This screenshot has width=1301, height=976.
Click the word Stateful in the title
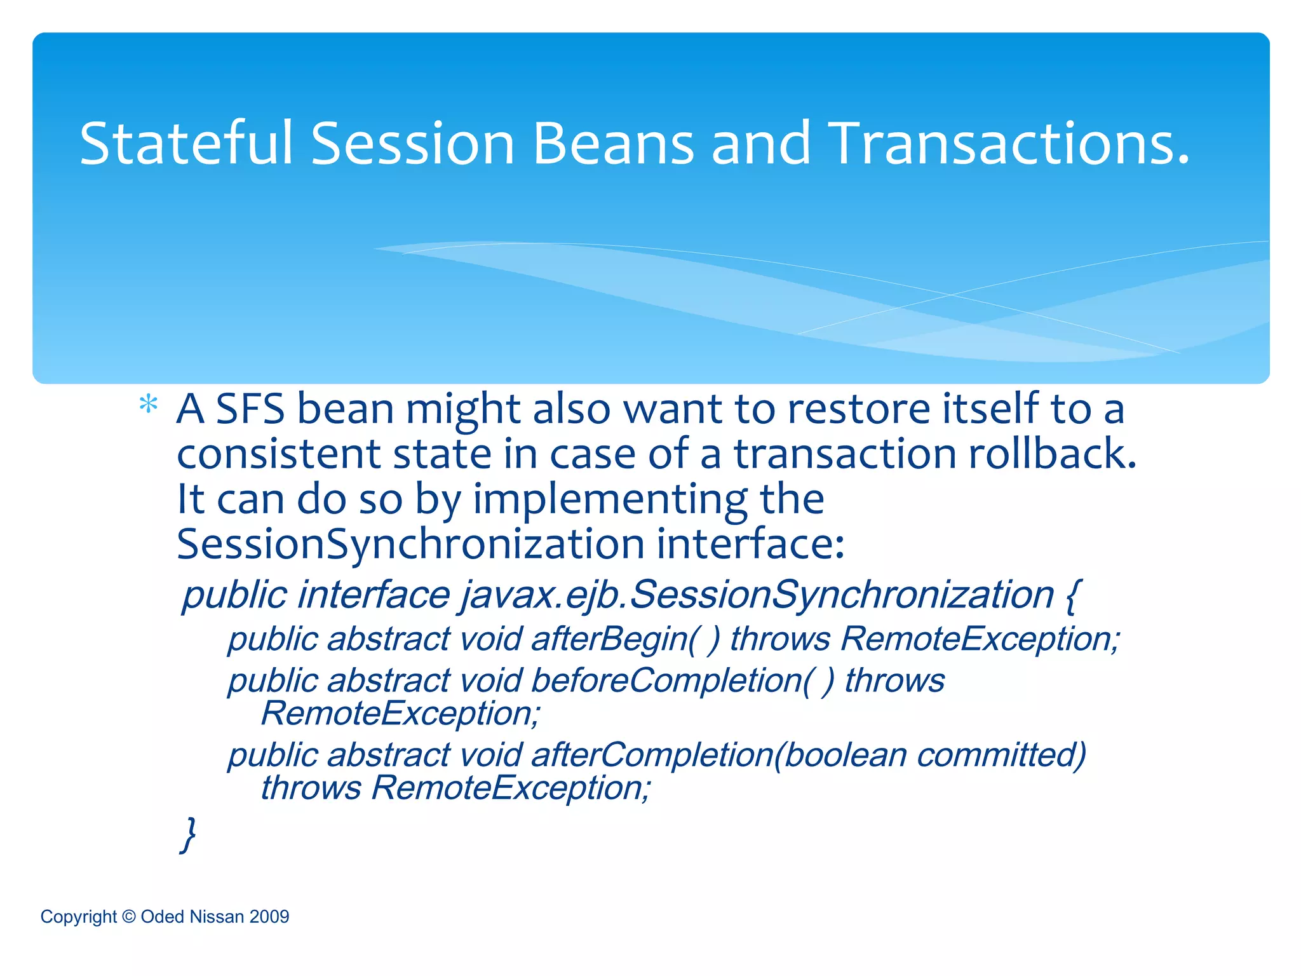click(x=186, y=144)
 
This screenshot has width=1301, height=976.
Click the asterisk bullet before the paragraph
click(x=148, y=405)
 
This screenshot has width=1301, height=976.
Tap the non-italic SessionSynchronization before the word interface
click(x=410, y=545)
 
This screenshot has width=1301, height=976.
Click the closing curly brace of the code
click(x=188, y=834)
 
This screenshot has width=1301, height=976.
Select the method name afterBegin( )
click(x=626, y=639)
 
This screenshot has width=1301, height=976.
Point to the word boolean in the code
click(x=845, y=755)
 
